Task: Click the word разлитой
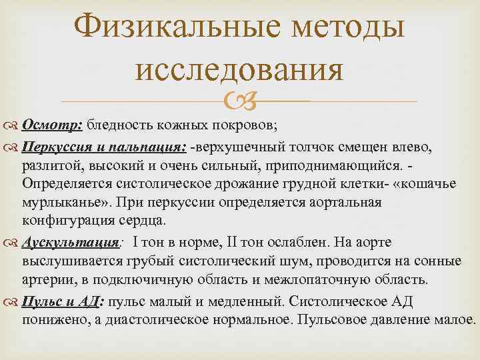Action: pyautogui.click(x=48, y=164)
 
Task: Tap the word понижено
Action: pyautogui.click(x=53, y=320)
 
